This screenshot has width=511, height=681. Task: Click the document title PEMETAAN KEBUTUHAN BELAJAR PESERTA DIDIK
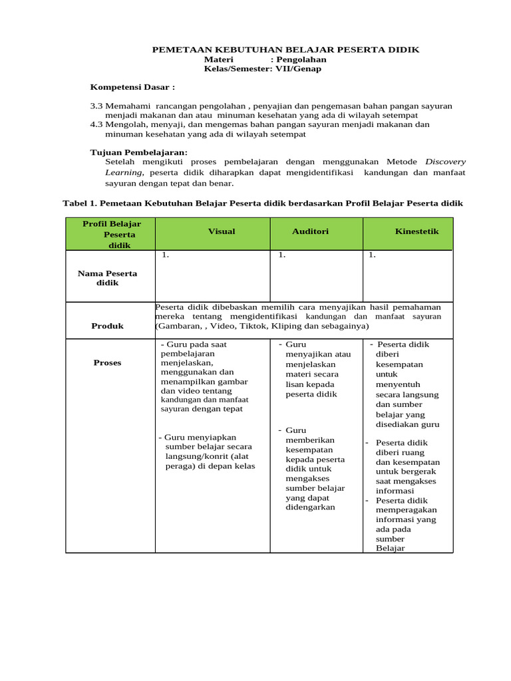click(x=286, y=50)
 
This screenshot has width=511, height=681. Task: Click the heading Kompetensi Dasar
click(x=132, y=87)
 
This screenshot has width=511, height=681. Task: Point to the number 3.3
click(x=96, y=106)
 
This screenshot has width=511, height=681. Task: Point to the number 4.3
click(x=96, y=124)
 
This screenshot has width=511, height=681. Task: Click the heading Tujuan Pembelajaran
click(x=138, y=152)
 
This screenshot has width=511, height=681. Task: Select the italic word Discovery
click(x=446, y=162)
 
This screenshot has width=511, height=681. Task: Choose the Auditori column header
click(x=310, y=231)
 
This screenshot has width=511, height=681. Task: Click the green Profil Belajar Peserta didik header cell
click(x=111, y=234)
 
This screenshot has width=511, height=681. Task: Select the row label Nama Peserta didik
click(x=107, y=278)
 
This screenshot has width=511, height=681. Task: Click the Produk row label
click(x=107, y=326)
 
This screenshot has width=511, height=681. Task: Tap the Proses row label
click(x=107, y=362)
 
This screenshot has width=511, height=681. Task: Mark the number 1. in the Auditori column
click(x=282, y=255)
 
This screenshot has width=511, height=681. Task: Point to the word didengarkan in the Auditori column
click(x=310, y=507)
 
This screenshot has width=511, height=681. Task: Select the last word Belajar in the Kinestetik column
click(x=390, y=549)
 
